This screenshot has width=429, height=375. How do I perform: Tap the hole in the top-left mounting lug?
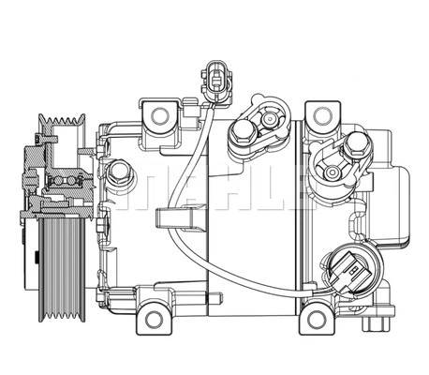coord(158,117)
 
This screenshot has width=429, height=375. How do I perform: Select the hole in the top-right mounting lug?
coord(323,115)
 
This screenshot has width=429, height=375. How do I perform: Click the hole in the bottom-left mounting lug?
coord(155,320)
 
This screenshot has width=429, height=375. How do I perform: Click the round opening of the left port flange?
coord(273,119)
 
